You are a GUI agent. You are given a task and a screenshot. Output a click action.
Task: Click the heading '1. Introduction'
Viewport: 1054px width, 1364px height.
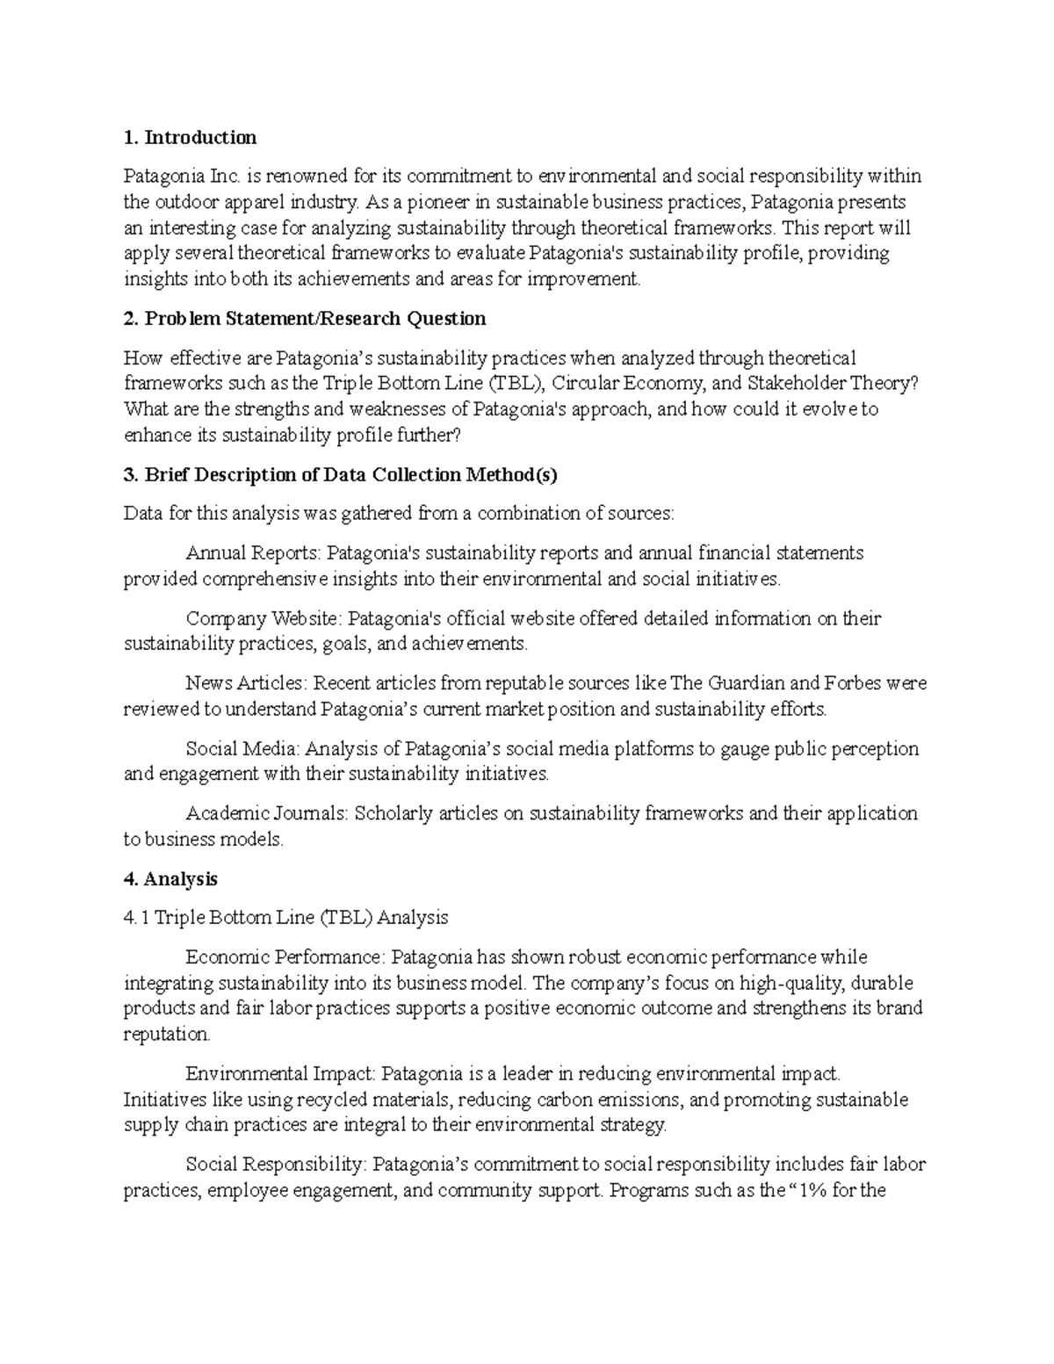(190, 137)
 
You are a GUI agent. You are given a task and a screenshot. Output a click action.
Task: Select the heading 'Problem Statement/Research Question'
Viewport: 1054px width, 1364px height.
(305, 319)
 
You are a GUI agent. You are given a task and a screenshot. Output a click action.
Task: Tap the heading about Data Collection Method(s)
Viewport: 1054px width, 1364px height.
(341, 475)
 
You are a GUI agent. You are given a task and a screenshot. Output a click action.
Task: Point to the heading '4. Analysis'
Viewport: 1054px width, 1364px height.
(170, 879)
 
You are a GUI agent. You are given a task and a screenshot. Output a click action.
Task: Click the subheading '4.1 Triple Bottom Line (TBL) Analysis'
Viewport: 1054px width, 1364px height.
(285, 918)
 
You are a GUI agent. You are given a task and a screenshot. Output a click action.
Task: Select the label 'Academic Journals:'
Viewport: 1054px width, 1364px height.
(267, 814)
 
